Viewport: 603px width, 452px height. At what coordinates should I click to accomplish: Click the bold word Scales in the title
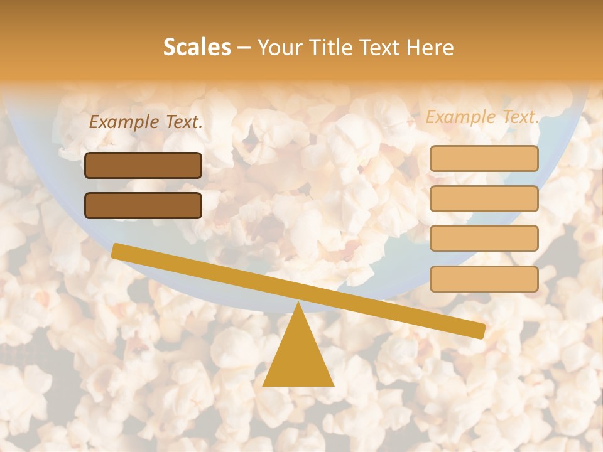click(197, 48)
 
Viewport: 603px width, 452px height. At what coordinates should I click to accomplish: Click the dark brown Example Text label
click(146, 122)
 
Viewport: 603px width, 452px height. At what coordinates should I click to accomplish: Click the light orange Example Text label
click(482, 117)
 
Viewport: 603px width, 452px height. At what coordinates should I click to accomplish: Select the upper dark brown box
click(143, 165)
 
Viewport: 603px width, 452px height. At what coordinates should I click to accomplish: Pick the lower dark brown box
click(143, 205)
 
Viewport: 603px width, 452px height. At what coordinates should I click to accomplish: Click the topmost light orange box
click(484, 158)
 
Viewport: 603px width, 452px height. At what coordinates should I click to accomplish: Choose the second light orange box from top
click(484, 198)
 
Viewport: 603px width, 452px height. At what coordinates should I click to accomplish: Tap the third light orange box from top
click(484, 238)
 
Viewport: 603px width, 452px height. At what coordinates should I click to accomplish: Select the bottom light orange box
click(484, 279)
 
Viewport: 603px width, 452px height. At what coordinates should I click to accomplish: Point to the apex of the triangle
click(298, 303)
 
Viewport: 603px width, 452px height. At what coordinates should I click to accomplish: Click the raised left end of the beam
click(116, 250)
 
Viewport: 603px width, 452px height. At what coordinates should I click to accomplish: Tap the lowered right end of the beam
click(481, 331)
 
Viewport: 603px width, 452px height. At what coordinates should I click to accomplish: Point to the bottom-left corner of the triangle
click(264, 385)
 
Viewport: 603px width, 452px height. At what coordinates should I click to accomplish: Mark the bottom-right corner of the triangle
click(333, 385)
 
